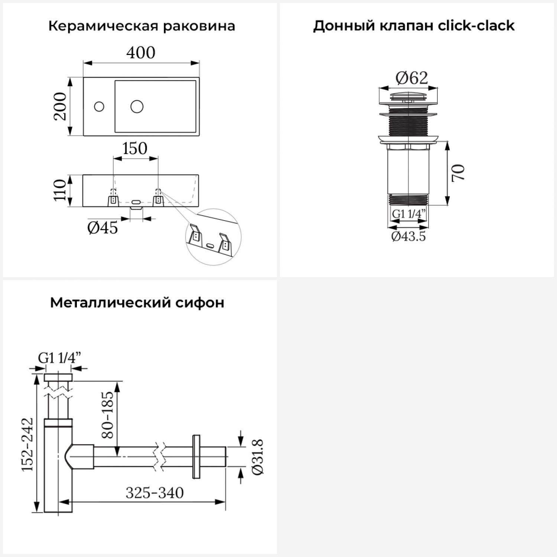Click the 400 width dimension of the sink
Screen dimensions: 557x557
click(x=141, y=53)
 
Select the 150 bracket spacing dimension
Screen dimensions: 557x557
click(x=135, y=149)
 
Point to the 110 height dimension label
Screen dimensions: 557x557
click(x=60, y=190)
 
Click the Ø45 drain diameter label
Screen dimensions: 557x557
click(x=102, y=228)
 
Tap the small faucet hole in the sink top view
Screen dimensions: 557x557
click(x=99, y=107)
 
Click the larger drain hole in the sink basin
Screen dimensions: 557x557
click(x=137, y=107)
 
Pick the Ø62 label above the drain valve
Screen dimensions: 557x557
click(x=411, y=78)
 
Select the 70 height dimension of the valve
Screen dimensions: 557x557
click(x=459, y=173)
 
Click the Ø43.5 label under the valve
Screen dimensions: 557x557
click(x=408, y=236)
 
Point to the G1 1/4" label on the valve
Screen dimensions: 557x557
click(x=408, y=214)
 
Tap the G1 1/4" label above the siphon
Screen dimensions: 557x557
click(x=59, y=358)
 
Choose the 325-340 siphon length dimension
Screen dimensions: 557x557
click(x=154, y=493)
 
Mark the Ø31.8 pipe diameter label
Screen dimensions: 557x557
click(x=258, y=456)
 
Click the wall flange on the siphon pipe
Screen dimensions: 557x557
click(x=196, y=456)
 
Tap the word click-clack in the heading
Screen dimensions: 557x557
click(x=476, y=26)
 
